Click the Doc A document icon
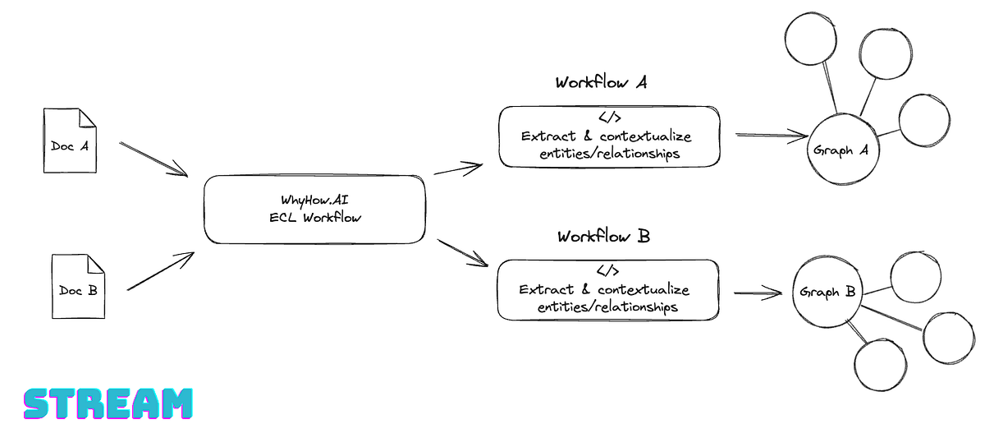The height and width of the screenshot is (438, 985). (70, 145)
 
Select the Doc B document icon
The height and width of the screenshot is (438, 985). (78, 287)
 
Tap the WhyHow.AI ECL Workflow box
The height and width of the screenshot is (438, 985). (315, 209)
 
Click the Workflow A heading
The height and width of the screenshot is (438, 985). (602, 83)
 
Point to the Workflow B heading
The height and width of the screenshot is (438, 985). (603, 237)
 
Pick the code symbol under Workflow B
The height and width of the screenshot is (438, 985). (607, 271)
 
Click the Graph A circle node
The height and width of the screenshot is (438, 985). (841, 151)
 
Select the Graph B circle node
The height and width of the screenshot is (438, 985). (827, 292)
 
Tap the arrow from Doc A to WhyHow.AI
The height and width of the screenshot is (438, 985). (153, 158)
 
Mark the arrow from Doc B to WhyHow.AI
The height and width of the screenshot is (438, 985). (160, 270)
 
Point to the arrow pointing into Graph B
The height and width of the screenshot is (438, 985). (757, 292)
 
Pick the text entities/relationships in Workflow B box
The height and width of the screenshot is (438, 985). (607, 307)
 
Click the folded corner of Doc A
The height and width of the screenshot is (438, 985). (87, 118)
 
